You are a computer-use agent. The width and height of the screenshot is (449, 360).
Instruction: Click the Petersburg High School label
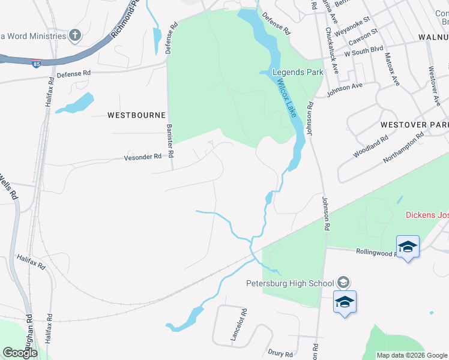coord(289,283)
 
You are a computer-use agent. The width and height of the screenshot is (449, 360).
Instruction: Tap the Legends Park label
coord(298,73)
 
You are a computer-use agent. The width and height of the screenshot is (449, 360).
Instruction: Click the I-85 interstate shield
coord(37,63)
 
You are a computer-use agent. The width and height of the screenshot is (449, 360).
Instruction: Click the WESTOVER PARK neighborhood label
coord(414,124)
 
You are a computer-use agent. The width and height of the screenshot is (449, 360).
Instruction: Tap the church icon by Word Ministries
coord(75,35)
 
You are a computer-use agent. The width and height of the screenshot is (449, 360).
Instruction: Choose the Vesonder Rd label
coord(143,157)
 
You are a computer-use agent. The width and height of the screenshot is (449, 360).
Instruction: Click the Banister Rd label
coord(170,140)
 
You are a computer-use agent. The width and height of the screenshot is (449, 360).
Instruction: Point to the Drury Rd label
coord(280,353)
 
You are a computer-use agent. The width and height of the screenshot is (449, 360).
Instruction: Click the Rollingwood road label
coord(375,253)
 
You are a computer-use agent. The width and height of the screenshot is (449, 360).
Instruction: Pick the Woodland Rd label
coord(371,147)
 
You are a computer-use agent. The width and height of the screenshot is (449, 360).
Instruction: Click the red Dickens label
coord(427,215)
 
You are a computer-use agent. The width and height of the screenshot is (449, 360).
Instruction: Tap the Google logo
coord(20,353)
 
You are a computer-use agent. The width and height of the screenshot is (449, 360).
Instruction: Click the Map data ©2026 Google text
coord(412,355)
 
